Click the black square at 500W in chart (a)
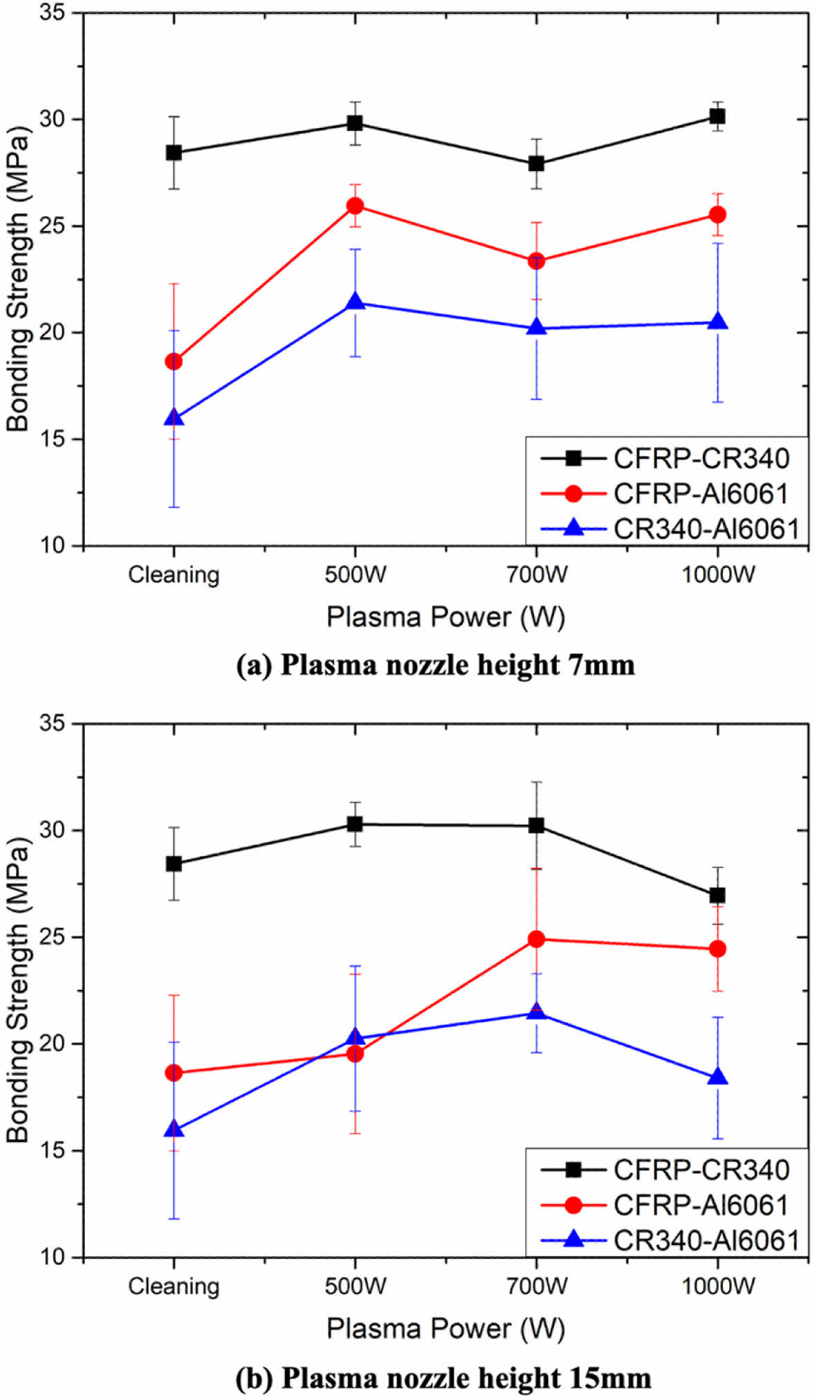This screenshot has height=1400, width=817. tap(355, 123)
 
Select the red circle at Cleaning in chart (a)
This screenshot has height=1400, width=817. tap(174, 361)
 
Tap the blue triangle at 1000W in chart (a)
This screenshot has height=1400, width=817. tap(717, 322)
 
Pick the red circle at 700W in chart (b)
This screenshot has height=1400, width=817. tap(536, 939)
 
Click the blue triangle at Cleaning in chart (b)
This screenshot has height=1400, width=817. tap(174, 1129)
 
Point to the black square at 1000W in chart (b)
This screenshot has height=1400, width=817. tap(717, 896)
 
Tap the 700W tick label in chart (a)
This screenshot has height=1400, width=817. tap(536, 574)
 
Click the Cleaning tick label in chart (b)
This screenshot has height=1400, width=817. tap(174, 1287)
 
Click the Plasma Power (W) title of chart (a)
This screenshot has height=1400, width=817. tap(446, 617)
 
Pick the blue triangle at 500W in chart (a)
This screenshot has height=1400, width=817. tap(355, 301)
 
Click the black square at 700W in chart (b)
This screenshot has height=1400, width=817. tap(536, 826)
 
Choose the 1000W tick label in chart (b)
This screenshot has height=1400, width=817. tap(717, 1287)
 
